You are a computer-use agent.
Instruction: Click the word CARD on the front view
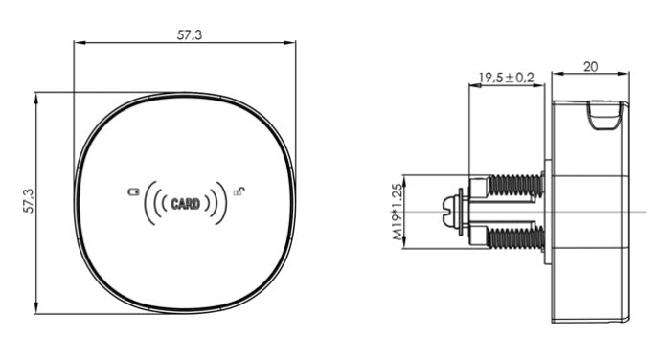coord(185,204)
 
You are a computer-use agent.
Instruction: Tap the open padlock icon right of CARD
coord(239,191)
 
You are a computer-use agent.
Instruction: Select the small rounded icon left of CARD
coord(133,191)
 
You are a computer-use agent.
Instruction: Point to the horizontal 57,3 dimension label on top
coord(190,34)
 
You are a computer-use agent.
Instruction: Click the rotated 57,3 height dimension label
coord(29,201)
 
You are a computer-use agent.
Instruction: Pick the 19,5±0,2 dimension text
coord(507,78)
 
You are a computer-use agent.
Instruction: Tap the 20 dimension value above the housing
coord(590,66)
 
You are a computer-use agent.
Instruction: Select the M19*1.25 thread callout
coord(398,212)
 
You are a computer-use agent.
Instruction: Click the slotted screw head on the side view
coord(450,212)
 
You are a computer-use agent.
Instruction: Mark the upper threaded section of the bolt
coord(515,185)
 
